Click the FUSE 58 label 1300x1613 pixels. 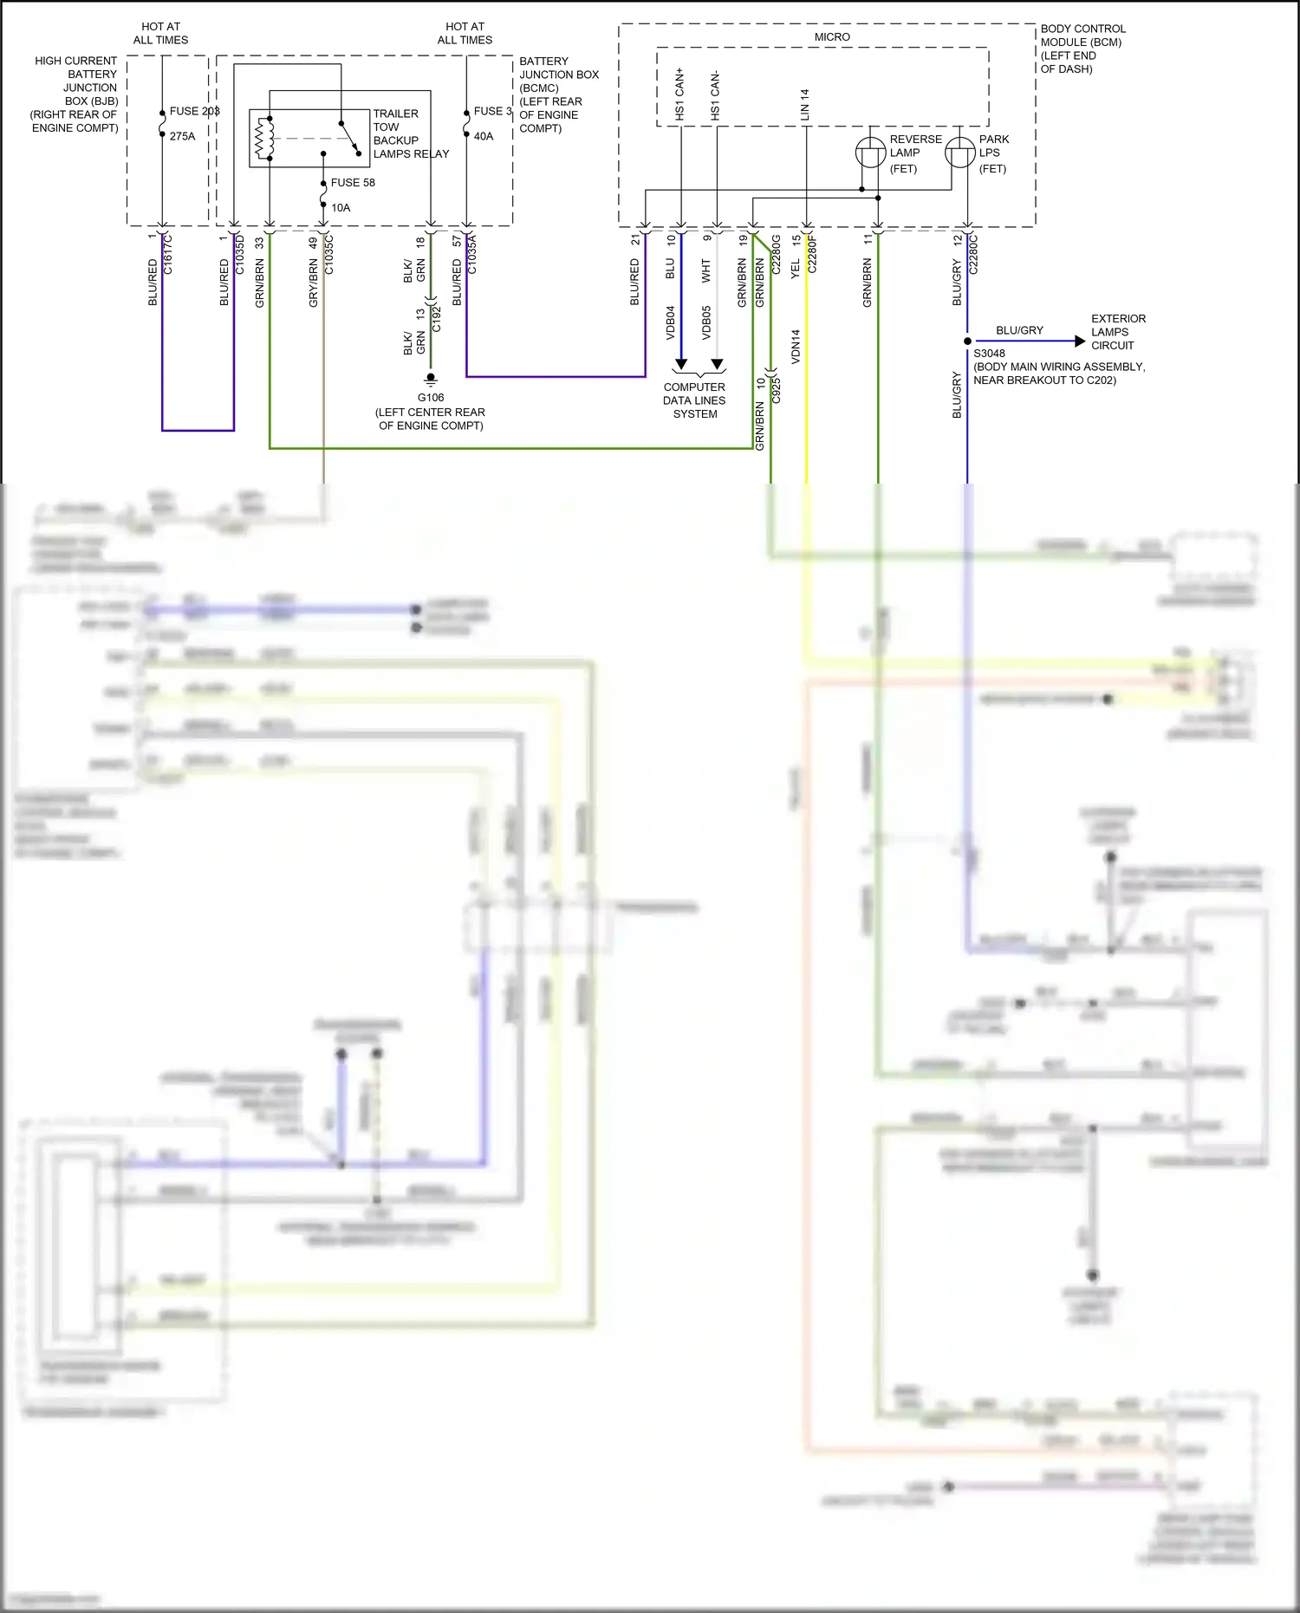coord(353,183)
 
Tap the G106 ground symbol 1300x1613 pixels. coord(431,379)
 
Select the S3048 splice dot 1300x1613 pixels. coord(967,341)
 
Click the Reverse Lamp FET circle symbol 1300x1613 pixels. coord(870,153)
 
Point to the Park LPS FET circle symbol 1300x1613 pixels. coord(959,153)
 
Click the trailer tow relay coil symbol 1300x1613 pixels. coord(263,139)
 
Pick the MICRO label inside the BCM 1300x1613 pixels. coord(832,37)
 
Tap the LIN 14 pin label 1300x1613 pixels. coord(805,104)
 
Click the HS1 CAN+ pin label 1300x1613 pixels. coord(680,94)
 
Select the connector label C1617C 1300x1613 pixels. coord(168,254)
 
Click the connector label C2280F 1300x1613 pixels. coord(812,254)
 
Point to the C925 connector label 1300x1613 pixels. coord(777,390)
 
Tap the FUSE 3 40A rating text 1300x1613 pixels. coord(484,136)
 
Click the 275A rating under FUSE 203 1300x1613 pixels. coord(182,136)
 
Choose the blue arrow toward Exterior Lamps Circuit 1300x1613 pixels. coord(1079,341)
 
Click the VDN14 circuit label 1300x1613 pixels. coord(796,345)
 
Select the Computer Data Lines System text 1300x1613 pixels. coord(694,400)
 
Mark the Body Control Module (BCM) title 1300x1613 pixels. coord(1082,49)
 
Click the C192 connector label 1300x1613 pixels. coord(437,319)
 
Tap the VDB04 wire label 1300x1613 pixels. coord(671,322)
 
